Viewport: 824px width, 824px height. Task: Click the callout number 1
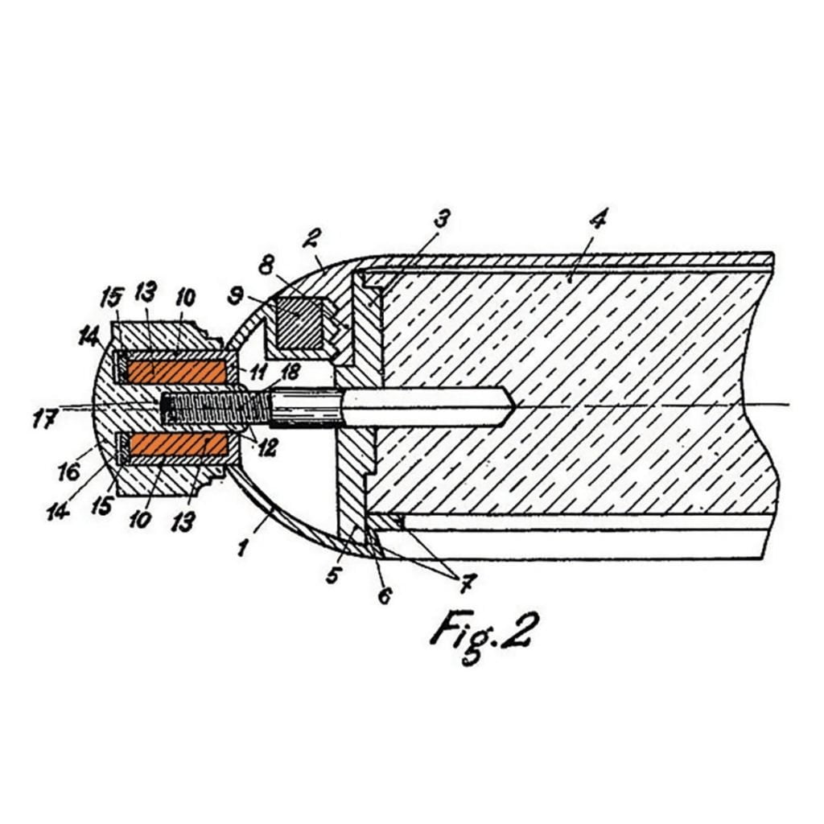pyautogui.click(x=242, y=547)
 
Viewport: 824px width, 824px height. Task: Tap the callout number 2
pyautogui.click(x=311, y=238)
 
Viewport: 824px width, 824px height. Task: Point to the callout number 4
pyautogui.click(x=598, y=218)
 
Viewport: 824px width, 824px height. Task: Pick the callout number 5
pyautogui.click(x=334, y=574)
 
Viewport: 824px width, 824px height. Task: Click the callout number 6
pyautogui.click(x=385, y=595)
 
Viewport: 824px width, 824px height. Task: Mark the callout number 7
pyautogui.click(x=467, y=583)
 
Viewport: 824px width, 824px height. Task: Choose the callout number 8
pyautogui.click(x=266, y=266)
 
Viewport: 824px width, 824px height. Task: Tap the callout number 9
pyautogui.click(x=234, y=297)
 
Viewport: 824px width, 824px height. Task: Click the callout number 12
pyautogui.click(x=267, y=447)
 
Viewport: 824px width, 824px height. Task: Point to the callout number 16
pyautogui.click(x=69, y=471)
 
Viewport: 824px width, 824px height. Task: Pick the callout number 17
pyautogui.click(x=43, y=420)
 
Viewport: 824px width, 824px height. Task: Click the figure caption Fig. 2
pyautogui.click(x=484, y=636)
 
